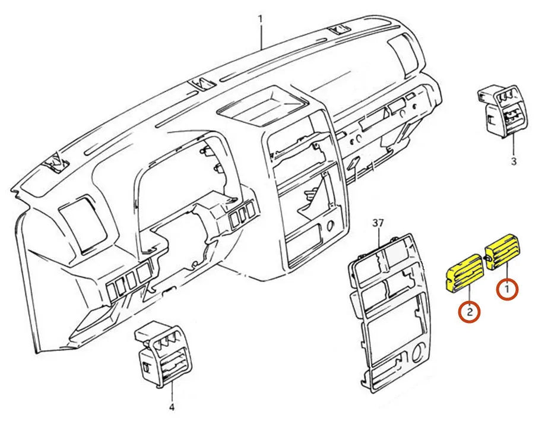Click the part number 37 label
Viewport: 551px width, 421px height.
point(378,223)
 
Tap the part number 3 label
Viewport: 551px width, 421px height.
point(514,161)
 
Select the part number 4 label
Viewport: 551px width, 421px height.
point(172,407)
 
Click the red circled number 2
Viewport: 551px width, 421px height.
point(468,312)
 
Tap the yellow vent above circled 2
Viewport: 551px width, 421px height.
point(464,273)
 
